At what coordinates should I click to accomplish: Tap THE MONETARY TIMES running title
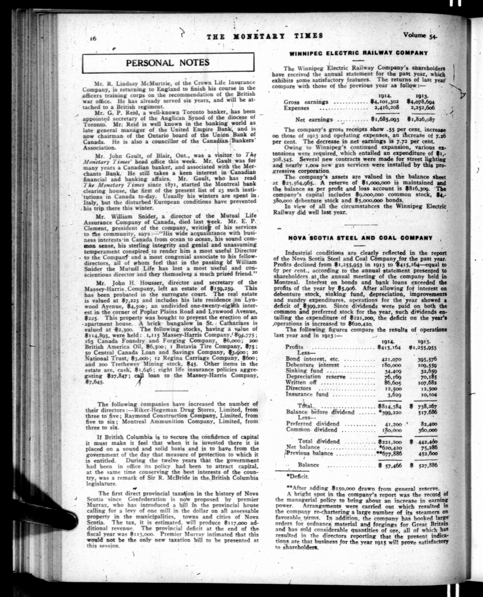[x=265, y=36]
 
